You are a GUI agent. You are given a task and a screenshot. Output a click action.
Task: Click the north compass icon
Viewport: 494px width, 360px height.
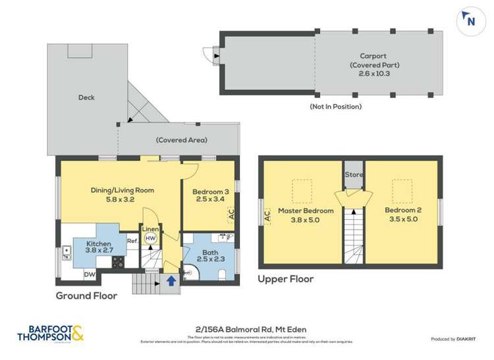tap(470, 20)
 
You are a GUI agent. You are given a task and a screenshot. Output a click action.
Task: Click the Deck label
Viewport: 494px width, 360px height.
tap(86, 97)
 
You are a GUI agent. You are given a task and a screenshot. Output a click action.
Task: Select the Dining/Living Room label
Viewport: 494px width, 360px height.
tap(123, 195)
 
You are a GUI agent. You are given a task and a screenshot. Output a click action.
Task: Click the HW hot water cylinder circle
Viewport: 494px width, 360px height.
tap(150, 238)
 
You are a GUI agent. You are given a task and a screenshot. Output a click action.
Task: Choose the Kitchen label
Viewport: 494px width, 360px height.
tap(99, 247)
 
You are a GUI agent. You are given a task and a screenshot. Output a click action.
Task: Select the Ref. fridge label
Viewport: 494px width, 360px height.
tap(131, 242)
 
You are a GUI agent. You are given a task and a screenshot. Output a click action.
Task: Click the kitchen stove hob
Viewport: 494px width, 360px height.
tap(119, 261)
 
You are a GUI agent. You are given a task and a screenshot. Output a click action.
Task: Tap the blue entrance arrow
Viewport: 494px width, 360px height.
tap(171, 280)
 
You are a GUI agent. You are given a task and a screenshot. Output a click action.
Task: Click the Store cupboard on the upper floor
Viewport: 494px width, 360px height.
tap(354, 175)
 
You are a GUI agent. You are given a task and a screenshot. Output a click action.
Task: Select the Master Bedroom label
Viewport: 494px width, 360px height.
tap(305, 215)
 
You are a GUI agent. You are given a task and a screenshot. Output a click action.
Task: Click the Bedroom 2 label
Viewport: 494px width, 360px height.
tap(401, 215)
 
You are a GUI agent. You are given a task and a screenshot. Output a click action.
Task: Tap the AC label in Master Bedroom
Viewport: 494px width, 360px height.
tap(267, 215)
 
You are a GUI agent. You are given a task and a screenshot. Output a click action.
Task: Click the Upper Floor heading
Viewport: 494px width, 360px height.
tap(286, 278)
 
